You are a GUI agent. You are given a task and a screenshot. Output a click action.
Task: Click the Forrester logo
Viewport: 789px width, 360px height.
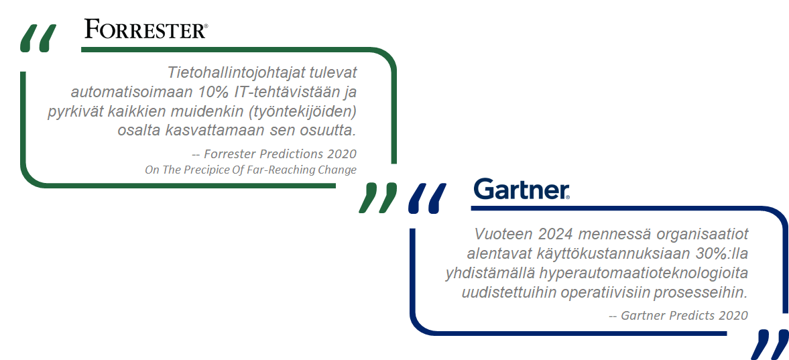click(x=145, y=29)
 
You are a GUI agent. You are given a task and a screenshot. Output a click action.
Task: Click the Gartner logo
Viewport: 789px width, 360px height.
click(x=522, y=189)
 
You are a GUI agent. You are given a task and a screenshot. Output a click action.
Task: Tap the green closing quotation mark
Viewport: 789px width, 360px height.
click(x=378, y=198)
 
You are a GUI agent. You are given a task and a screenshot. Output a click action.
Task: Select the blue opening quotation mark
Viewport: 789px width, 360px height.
click(x=427, y=198)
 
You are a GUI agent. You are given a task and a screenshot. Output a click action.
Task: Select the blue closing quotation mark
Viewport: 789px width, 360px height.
click(x=770, y=345)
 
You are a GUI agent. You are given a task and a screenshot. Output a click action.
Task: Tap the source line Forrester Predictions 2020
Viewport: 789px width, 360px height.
click(x=274, y=154)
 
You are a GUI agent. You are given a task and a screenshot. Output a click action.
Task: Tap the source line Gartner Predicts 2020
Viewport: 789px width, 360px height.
click(x=679, y=316)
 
